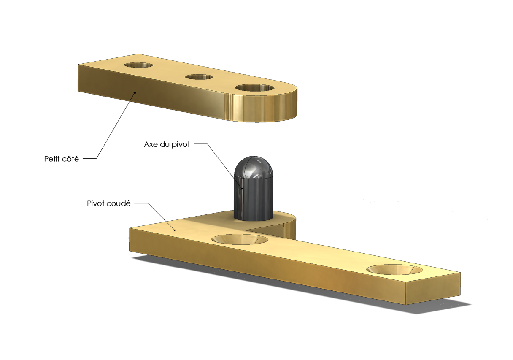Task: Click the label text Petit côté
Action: (x=61, y=159)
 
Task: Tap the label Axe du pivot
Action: (x=167, y=144)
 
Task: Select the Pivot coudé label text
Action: (x=109, y=203)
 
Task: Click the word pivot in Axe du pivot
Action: (x=180, y=144)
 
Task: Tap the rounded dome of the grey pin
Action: (x=254, y=167)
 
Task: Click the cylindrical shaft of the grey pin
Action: (x=254, y=199)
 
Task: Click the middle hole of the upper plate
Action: (x=199, y=77)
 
